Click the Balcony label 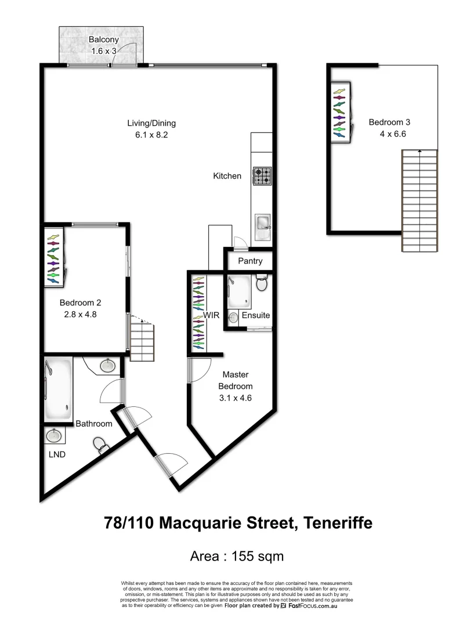coord(104,40)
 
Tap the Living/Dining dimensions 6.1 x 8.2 coord(151,134)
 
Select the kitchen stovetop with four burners coord(262,175)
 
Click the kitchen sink coord(262,222)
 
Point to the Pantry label coord(250,261)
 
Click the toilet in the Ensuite coord(262,283)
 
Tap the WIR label coord(210,315)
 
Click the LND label coord(57,454)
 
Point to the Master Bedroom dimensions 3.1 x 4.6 coord(236,398)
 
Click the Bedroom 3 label coord(389,122)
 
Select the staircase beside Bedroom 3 coord(419,200)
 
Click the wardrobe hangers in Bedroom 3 coord(339,113)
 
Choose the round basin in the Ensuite coord(234,317)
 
